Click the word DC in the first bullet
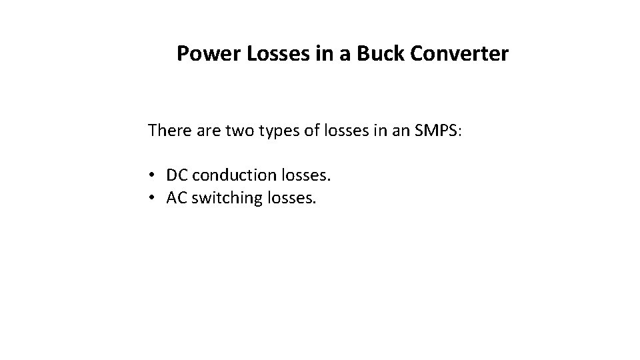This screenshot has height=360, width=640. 177,175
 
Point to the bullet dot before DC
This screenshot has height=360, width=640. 153,176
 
